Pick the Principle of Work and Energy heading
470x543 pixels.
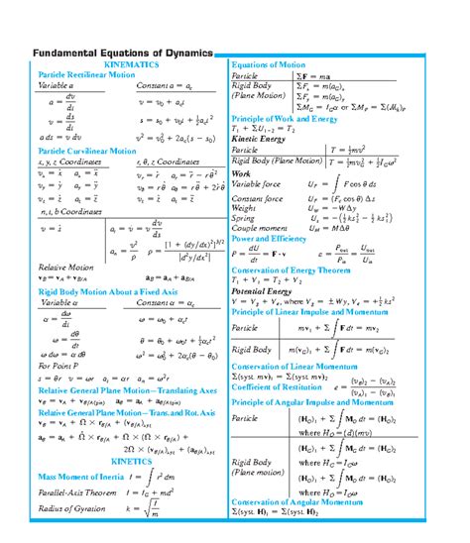pos(289,120)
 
